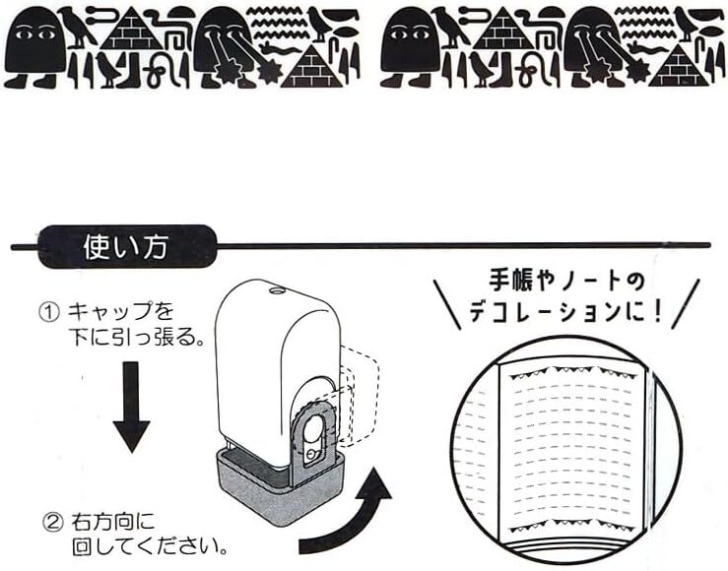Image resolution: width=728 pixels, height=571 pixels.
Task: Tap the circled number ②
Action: pyautogui.click(x=49, y=520)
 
